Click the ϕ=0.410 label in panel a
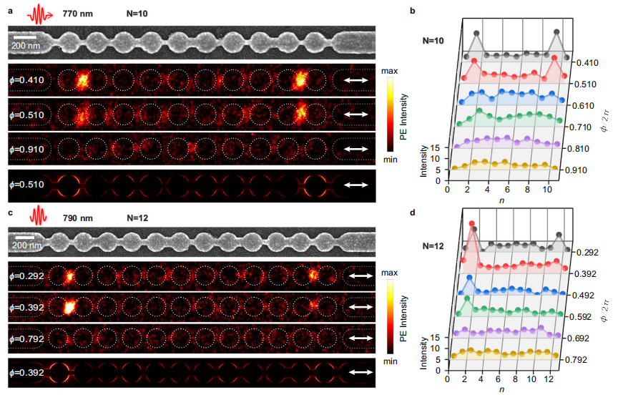click(x=26, y=81)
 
